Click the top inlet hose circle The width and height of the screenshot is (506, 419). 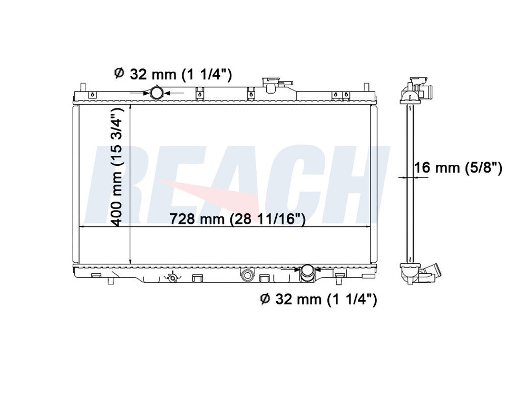[157, 93]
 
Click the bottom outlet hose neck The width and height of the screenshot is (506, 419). [307, 274]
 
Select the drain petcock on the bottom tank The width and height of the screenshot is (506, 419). [173, 277]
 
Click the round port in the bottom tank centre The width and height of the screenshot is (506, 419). [247, 275]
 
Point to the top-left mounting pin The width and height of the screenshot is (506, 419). [83, 88]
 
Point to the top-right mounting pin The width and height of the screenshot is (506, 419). [366, 88]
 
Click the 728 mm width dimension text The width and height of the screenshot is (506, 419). [237, 219]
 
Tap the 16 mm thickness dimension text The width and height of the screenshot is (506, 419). [458, 167]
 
